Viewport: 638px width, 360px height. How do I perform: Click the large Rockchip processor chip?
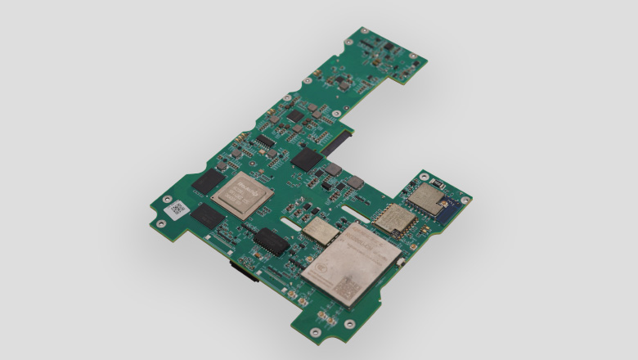(x=243, y=193)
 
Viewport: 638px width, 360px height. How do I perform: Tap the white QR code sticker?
(x=177, y=209)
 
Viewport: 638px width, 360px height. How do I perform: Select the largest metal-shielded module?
(x=350, y=263)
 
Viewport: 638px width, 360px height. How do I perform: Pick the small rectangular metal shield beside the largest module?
(x=321, y=232)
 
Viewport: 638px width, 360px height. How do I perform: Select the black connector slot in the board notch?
(x=336, y=146)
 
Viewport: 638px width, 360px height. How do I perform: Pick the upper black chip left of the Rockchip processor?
(x=208, y=182)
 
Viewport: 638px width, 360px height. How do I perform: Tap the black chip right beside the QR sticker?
(x=208, y=216)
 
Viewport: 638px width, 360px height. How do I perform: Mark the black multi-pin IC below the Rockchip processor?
(x=270, y=241)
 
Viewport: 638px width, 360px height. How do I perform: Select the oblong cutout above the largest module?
(x=357, y=213)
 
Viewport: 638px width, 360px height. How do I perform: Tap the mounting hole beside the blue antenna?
(x=465, y=200)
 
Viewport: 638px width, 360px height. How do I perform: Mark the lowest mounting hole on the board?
(x=316, y=332)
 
